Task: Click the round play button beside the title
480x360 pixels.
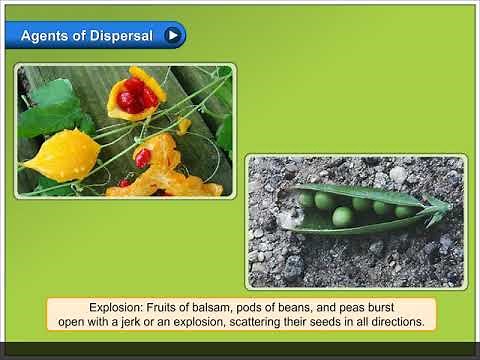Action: pyautogui.click(x=173, y=36)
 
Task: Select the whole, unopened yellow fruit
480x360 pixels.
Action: pyautogui.click(x=62, y=155)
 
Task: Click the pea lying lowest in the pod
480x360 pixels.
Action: pyautogui.click(x=342, y=217)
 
